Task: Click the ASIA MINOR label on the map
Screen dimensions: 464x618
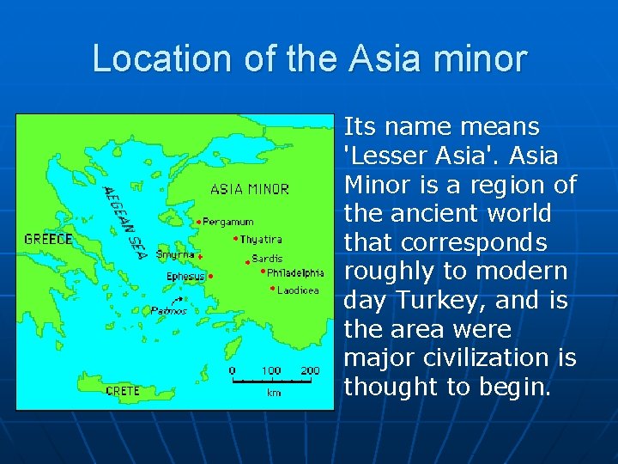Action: pos(250,189)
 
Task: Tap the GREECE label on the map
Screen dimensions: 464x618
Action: pos(48,239)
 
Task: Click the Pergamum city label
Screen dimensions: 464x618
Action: pos(228,222)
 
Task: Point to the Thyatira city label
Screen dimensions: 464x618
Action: pos(261,240)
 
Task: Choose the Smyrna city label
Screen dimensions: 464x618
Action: pos(175,255)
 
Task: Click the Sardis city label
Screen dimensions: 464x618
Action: pos(267,258)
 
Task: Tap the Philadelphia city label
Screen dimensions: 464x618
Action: pos(295,273)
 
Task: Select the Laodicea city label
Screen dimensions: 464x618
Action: pos(298,290)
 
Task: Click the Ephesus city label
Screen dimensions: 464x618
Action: pos(185,277)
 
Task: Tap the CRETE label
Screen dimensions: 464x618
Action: pos(123,391)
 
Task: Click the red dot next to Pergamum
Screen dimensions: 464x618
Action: pos(199,223)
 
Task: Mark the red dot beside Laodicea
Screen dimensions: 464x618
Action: pos(272,289)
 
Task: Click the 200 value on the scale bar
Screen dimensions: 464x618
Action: pos(310,370)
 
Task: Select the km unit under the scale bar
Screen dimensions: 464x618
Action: pos(274,393)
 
